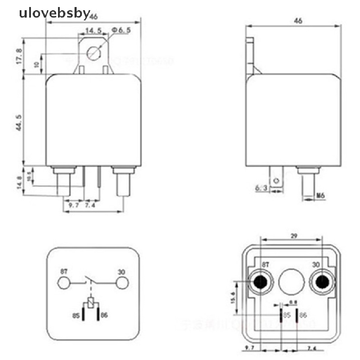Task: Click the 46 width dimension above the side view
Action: (298, 21)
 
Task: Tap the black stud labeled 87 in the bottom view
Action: (261, 282)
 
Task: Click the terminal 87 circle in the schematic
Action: (64, 283)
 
